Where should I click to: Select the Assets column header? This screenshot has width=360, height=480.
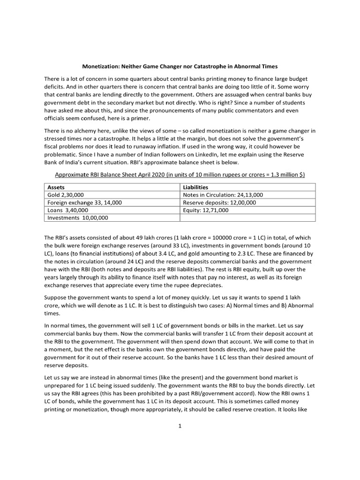(57, 187)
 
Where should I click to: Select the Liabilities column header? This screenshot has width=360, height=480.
(195, 187)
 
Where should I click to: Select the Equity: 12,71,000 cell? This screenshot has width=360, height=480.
(206, 210)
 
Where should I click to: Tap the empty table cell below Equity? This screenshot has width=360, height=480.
(247, 218)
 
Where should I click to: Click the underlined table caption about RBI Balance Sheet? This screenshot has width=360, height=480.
(180, 175)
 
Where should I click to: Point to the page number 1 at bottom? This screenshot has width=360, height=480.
(180, 426)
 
